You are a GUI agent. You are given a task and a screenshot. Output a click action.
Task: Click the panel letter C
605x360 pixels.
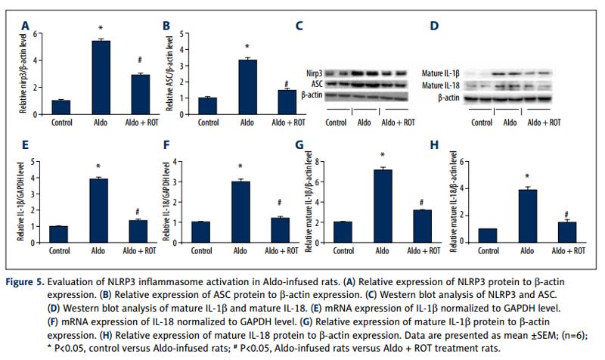coord(300,26)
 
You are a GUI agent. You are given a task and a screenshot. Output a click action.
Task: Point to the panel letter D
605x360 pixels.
coord(433,26)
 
